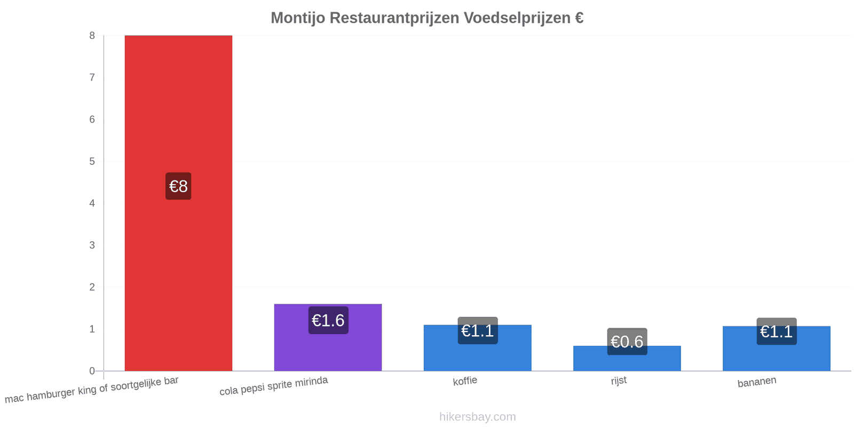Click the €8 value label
click(178, 186)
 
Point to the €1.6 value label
click(328, 320)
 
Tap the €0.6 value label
click(627, 342)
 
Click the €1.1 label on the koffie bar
click(478, 330)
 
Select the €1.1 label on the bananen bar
click(777, 331)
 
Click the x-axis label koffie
click(465, 381)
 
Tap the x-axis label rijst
click(619, 381)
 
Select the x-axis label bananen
click(757, 382)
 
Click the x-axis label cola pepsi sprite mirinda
click(274, 385)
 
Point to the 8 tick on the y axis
click(92, 35)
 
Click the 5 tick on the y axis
click(92, 161)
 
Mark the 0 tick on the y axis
click(92, 371)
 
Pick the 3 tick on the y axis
click(92, 245)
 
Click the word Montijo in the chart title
click(298, 18)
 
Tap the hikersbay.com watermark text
click(477, 416)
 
